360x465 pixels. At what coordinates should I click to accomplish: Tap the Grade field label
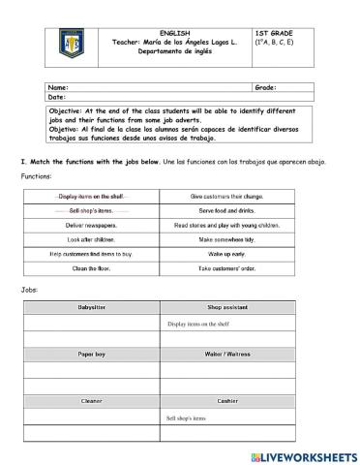[x=265, y=87]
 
